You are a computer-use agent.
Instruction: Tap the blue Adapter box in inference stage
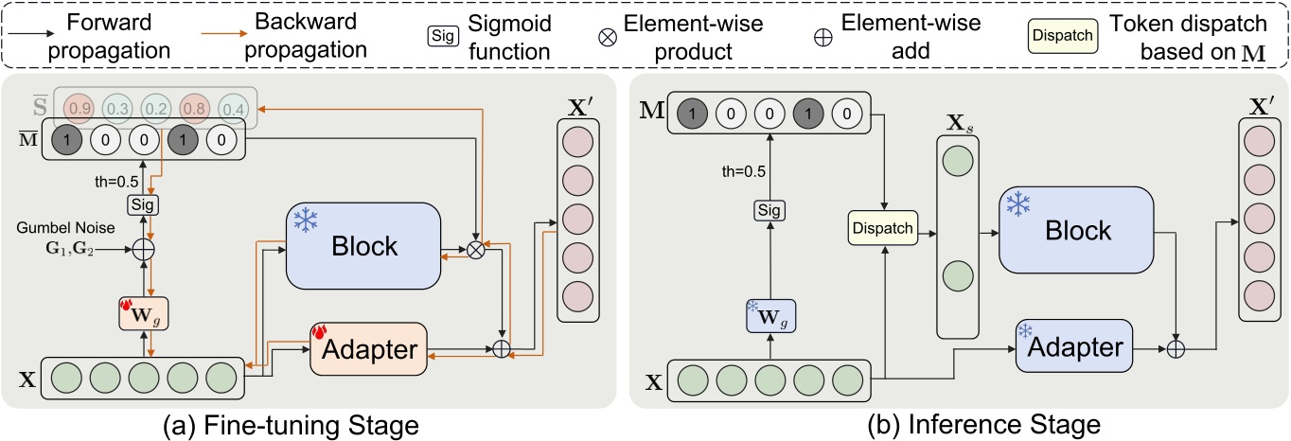(x=1071, y=347)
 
